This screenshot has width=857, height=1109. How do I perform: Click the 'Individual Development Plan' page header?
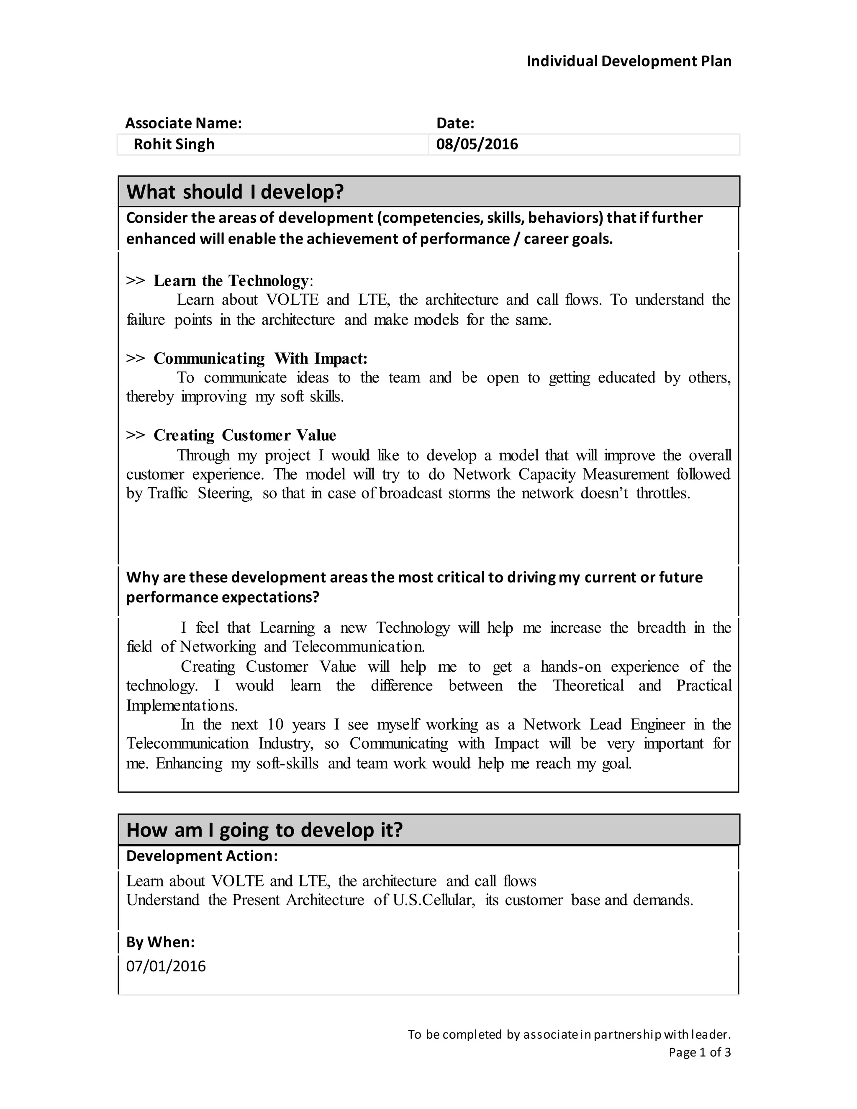pyautogui.click(x=629, y=62)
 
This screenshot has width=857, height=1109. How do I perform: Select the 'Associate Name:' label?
pyautogui.click(x=183, y=123)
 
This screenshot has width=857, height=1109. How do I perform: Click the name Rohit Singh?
pyautogui.click(x=174, y=144)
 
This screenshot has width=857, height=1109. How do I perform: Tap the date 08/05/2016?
pyautogui.click(x=477, y=144)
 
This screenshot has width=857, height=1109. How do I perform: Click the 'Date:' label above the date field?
pyautogui.click(x=455, y=123)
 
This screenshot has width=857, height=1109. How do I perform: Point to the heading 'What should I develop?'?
pyautogui.click(x=235, y=192)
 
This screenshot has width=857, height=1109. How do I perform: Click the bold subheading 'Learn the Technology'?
pyautogui.click(x=231, y=281)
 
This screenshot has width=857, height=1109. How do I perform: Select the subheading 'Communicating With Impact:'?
pyautogui.click(x=260, y=359)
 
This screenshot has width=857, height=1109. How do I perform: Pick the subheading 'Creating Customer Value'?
pyautogui.click(x=245, y=436)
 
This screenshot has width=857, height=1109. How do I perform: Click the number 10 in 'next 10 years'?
pyautogui.click(x=275, y=724)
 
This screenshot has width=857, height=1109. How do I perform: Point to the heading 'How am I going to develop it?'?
pyautogui.click(x=264, y=830)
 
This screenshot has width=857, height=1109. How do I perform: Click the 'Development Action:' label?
pyautogui.click(x=202, y=856)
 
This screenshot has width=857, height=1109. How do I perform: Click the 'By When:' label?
pyautogui.click(x=160, y=942)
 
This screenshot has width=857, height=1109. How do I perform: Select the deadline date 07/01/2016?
pyautogui.click(x=166, y=966)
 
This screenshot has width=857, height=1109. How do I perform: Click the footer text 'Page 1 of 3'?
pyautogui.click(x=699, y=1052)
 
